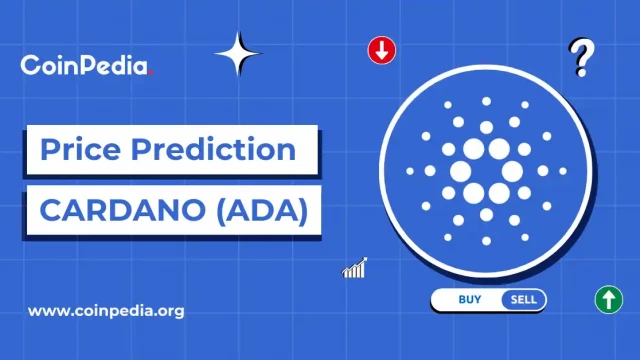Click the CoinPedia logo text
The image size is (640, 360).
(84, 66)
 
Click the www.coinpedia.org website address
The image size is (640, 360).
(106, 310)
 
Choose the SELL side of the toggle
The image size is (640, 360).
(523, 299)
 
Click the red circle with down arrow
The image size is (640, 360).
(381, 50)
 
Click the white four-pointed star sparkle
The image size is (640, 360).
(238, 54)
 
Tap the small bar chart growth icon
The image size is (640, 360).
(354, 268)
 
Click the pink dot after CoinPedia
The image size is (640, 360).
(150, 72)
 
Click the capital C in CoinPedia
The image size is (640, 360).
(29, 66)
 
